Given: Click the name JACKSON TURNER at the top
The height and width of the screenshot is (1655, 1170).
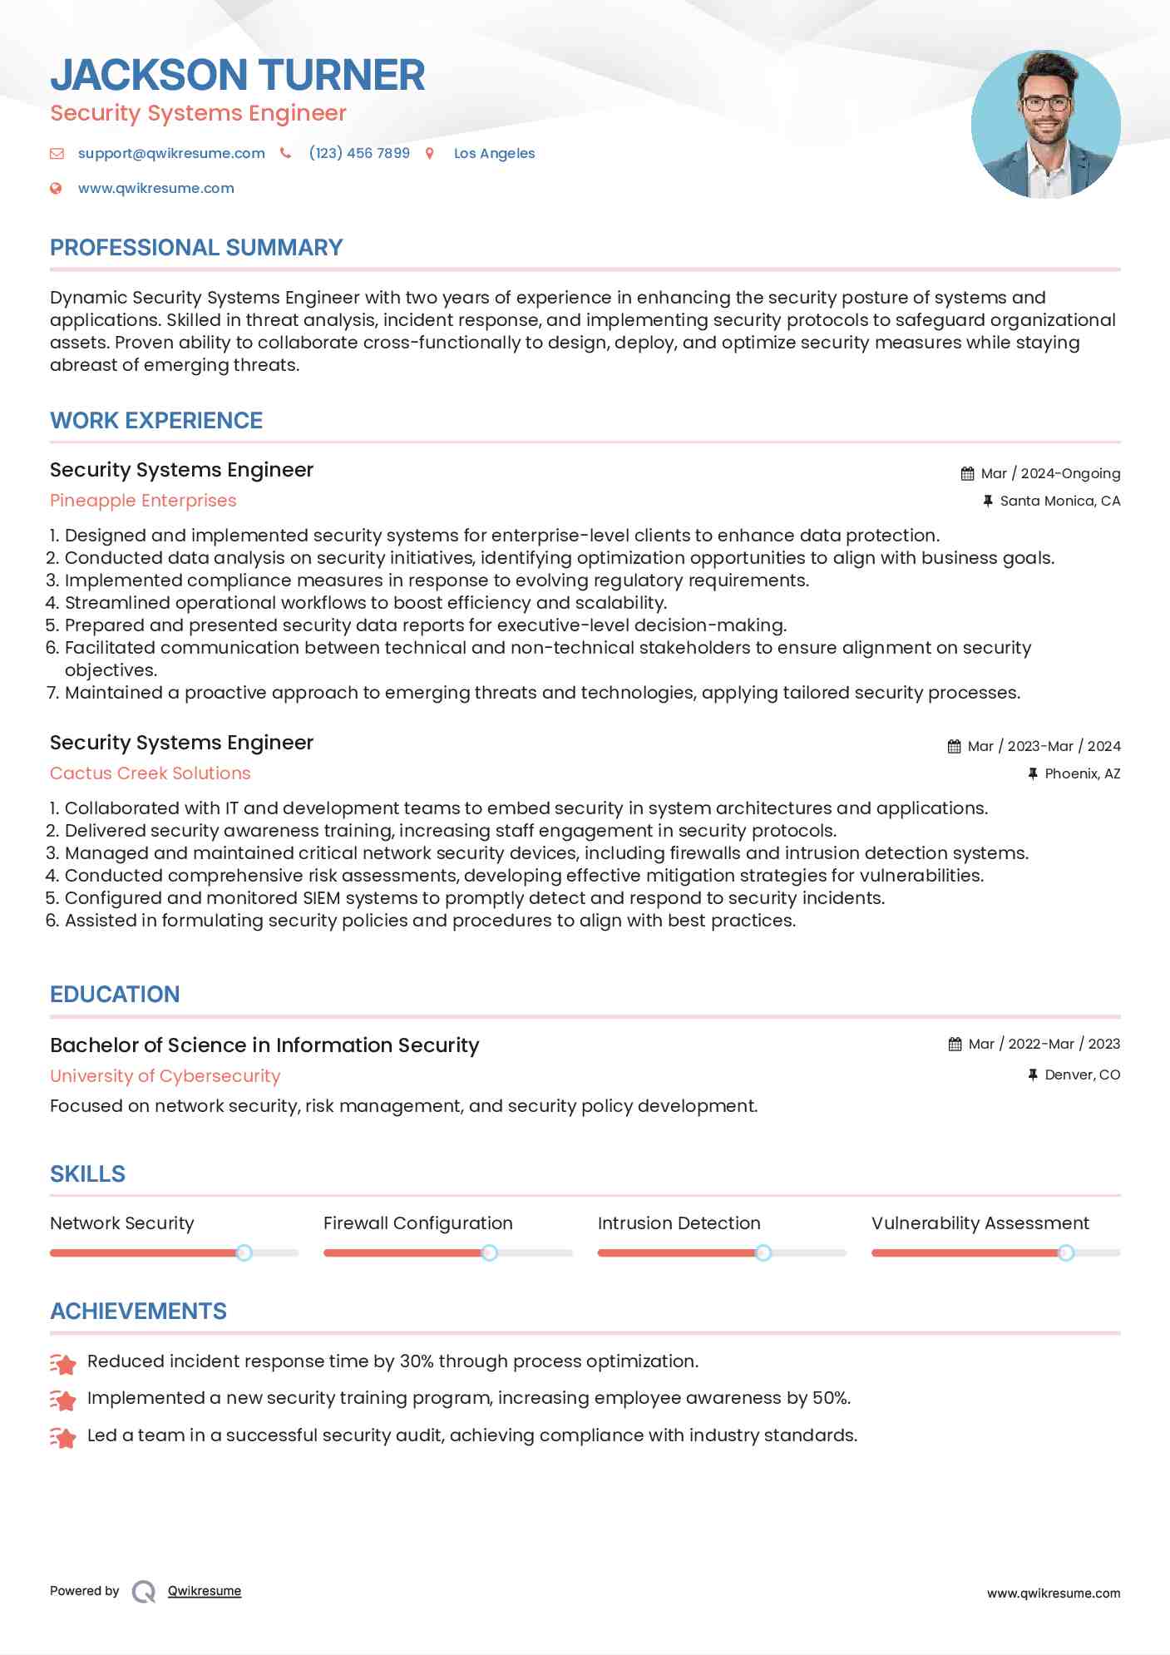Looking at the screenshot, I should tap(238, 75).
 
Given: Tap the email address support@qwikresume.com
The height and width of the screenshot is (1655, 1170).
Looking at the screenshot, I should tap(171, 153).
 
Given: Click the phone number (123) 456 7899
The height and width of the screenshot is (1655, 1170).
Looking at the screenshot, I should tap(359, 153).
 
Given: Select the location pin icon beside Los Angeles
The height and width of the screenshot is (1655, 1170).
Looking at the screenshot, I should tap(430, 153).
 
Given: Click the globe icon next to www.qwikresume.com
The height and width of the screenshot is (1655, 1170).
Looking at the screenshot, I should tap(56, 189).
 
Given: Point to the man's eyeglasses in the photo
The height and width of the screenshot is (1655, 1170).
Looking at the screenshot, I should tap(1045, 104).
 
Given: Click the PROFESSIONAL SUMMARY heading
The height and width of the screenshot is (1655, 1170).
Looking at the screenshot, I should tap(196, 248).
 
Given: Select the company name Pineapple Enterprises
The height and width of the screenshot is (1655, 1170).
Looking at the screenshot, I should tap(143, 501).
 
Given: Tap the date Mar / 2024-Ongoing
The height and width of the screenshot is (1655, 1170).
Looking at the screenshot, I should tap(1050, 473).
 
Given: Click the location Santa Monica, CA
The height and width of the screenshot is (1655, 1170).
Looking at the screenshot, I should tap(1059, 501).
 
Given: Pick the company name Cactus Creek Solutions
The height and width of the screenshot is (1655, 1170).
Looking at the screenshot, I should tap(150, 773).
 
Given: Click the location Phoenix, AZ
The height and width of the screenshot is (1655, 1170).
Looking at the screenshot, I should tap(1082, 773).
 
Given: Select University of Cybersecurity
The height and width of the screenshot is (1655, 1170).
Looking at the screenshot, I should tap(165, 1076).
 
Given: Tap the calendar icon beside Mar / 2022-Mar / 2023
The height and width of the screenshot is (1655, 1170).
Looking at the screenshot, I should tap(955, 1045).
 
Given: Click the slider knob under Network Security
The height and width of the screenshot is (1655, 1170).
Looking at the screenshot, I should tap(244, 1252).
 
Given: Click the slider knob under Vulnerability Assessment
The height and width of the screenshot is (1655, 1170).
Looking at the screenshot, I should tap(1065, 1252).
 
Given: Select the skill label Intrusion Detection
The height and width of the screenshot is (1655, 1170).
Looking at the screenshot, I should tap(679, 1223).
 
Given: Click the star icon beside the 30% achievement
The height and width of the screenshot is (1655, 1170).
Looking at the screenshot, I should tap(63, 1364).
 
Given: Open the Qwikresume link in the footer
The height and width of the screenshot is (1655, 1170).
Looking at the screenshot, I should tap(205, 1591).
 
